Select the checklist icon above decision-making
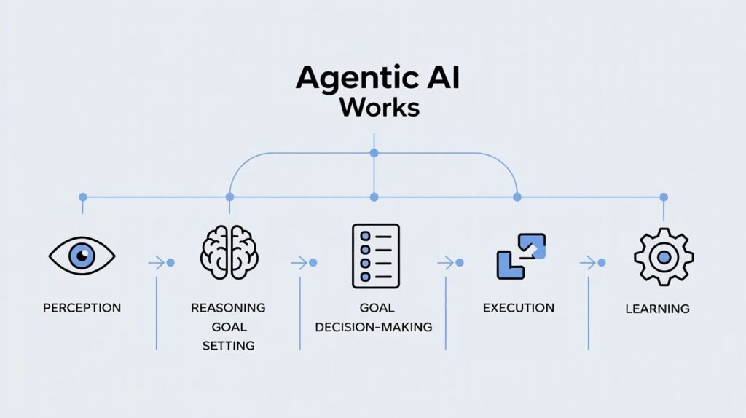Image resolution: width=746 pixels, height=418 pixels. click(x=375, y=256)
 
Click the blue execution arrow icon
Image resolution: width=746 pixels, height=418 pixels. click(x=521, y=256)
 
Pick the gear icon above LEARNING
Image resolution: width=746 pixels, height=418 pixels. click(x=664, y=256)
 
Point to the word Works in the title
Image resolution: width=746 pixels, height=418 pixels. click(x=379, y=108)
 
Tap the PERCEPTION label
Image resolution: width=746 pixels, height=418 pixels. click(x=82, y=308)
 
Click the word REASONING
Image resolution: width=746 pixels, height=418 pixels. click(x=228, y=308)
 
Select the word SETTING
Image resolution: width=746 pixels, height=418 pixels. click(x=228, y=345)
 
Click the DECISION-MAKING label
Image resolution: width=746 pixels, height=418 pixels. click(x=374, y=327)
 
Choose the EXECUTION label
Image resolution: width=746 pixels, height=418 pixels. click(x=518, y=308)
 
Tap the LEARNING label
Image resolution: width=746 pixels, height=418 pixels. click(x=657, y=309)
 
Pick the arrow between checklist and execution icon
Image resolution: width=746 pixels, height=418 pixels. click(x=446, y=262)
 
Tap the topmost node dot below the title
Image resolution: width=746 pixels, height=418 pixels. click(x=374, y=153)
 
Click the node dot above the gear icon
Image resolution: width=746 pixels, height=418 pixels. click(x=663, y=197)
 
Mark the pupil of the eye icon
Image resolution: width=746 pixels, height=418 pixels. click(x=82, y=256)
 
